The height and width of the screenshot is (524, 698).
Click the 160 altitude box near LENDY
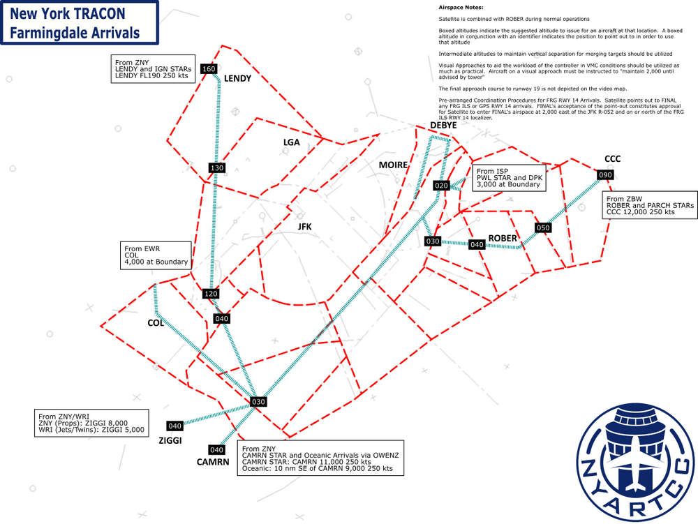point(208,69)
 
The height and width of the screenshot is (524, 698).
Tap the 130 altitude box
point(216,168)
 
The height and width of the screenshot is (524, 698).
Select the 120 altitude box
point(211,294)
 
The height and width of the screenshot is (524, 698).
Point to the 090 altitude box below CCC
point(604,174)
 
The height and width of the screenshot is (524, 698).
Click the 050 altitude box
point(543,228)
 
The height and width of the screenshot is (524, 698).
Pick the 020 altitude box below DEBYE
point(441,186)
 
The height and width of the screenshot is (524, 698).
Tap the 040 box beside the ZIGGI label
point(174,426)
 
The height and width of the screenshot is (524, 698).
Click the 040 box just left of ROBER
point(477,245)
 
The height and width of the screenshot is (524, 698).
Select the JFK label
point(304,227)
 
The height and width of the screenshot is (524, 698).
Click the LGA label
point(291,142)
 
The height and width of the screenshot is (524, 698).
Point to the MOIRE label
point(392,165)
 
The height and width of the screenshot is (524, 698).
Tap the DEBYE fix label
point(443,125)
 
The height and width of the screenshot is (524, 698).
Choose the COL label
point(155,323)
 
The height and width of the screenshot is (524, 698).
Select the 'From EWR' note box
point(156,255)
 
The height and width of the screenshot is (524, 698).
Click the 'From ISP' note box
point(509,178)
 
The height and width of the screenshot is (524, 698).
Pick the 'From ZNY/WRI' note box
point(92,423)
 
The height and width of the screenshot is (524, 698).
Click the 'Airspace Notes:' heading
point(461,7)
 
